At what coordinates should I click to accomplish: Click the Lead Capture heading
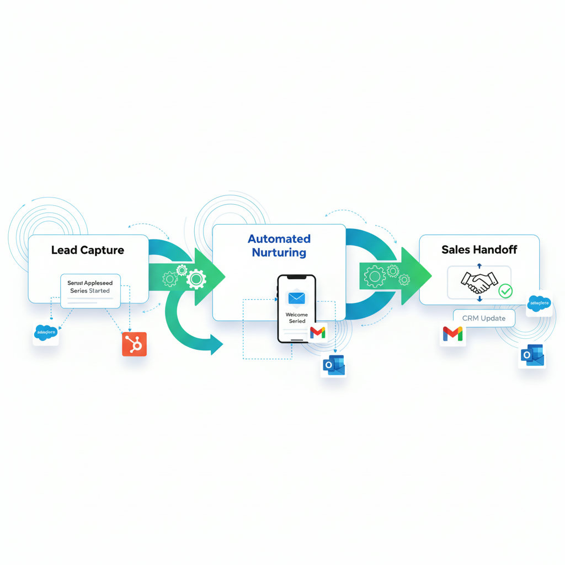point(87,250)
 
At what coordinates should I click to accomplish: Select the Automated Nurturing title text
point(279,246)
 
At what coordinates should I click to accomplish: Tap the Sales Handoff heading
point(479,249)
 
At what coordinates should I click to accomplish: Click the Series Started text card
point(90,287)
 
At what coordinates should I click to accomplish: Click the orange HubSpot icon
point(134,344)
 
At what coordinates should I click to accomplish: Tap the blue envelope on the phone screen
point(296,298)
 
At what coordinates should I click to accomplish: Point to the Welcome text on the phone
point(296,315)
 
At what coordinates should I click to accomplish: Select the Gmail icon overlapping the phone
point(318,332)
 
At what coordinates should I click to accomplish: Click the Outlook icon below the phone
point(333,365)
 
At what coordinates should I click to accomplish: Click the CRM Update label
point(483,318)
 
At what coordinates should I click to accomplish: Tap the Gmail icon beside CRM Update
point(452,334)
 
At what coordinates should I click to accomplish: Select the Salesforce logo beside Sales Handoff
point(539,302)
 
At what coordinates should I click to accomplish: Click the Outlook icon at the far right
point(532,355)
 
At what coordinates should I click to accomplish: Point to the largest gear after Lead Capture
point(196,279)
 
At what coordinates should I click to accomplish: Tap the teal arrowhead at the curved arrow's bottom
point(215,345)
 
